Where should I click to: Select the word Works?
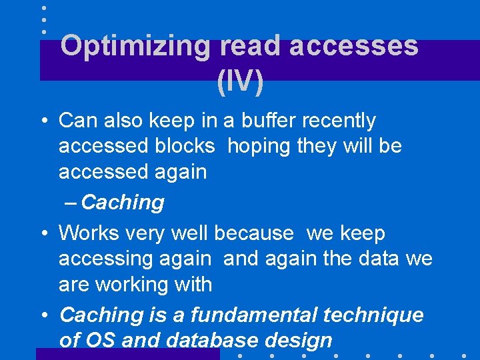(x=87, y=233)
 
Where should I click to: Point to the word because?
(x=253, y=233)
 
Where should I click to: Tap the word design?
(x=299, y=341)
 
